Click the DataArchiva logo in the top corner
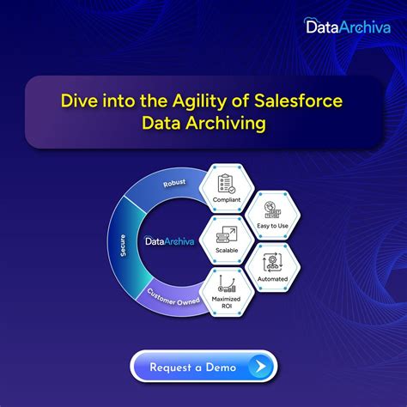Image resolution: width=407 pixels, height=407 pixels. click(346, 27)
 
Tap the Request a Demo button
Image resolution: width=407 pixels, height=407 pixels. click(203, 367)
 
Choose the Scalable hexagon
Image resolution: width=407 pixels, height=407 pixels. click(228, 240)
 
